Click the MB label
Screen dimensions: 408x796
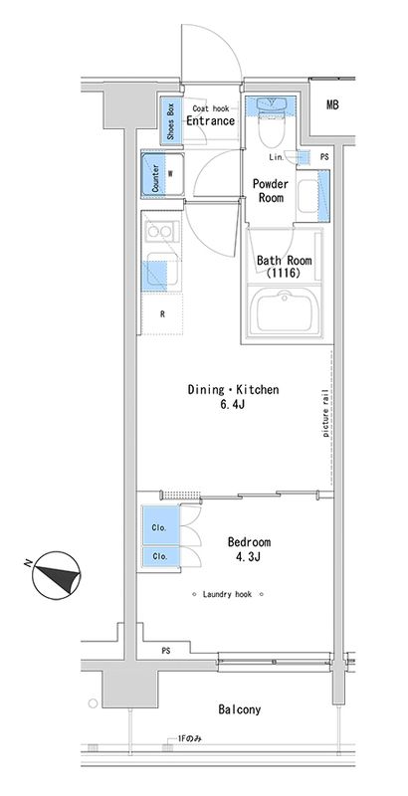pyautogui.click(x=332, y=105)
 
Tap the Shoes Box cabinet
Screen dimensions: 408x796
pyautogui.click(x=171, y=120)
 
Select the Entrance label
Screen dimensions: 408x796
pyautogui.click(x=211, y=120)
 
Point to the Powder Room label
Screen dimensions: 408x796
pyautogui.click(x=271, y=190)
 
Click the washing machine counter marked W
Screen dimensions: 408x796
pyautogui.click(x=162, y=173)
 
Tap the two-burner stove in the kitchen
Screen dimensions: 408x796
pyautogui.click(x=160, y=232)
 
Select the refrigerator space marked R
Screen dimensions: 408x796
pyautogui.click(x=162, y=313)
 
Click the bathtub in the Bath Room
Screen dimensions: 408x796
pyautogui.click(x=285, y=311)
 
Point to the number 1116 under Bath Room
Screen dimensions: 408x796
pyautogui.click(x=285, y=273)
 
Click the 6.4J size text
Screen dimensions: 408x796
pyautogui.click(x=234, y=405)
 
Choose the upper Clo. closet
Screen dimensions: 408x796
pyautogui.click(x=161, y=525)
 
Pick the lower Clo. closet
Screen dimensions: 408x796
pyautogui.click(x=161, y=556)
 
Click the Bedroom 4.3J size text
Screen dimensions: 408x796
pyautogui.click(x=249, y=557)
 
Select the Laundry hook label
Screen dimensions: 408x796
pyautogui.click(x=227, y=594)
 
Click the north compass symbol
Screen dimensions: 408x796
pyautogui.click(x=56, y=576)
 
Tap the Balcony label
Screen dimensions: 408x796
pyautogui.click(x=240, y=709)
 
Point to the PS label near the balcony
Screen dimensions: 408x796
pyautogui.click(x=166, y=650)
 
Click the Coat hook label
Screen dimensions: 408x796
pyautogui.click(x=211, y=108)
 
